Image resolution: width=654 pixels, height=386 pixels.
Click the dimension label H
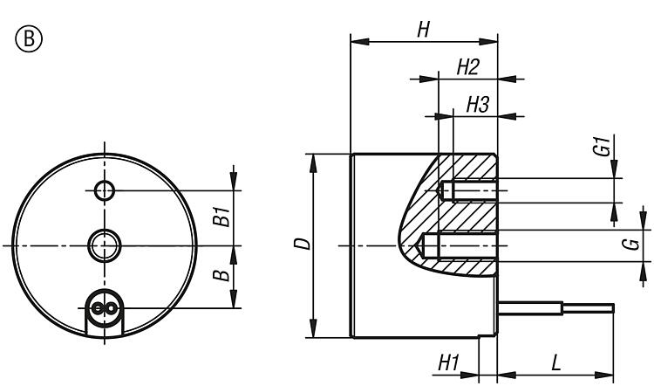[x=423, y=29]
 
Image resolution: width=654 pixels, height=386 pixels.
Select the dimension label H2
[x=468, y=67]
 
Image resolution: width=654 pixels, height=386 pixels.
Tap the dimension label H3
[x=477, y=105]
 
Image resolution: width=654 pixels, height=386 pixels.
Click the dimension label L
[x=555, y=362]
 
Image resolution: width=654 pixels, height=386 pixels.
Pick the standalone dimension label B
[x=222, y=276]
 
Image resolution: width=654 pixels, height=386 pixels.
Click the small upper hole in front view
[x=105, y=190]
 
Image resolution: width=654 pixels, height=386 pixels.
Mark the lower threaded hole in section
[x=459, y=245]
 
